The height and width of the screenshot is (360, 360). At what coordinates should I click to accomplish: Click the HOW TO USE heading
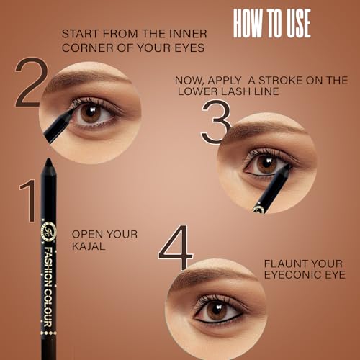(x=271, y=24)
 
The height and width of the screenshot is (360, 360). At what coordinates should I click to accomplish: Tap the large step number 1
(x=28, y=202)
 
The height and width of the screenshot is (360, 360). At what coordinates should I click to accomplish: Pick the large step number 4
(x=176, y=248)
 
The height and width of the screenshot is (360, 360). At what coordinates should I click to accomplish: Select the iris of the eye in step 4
(x=217, y=310)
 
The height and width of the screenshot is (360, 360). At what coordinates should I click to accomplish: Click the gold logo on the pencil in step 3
(x=258, y=208)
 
